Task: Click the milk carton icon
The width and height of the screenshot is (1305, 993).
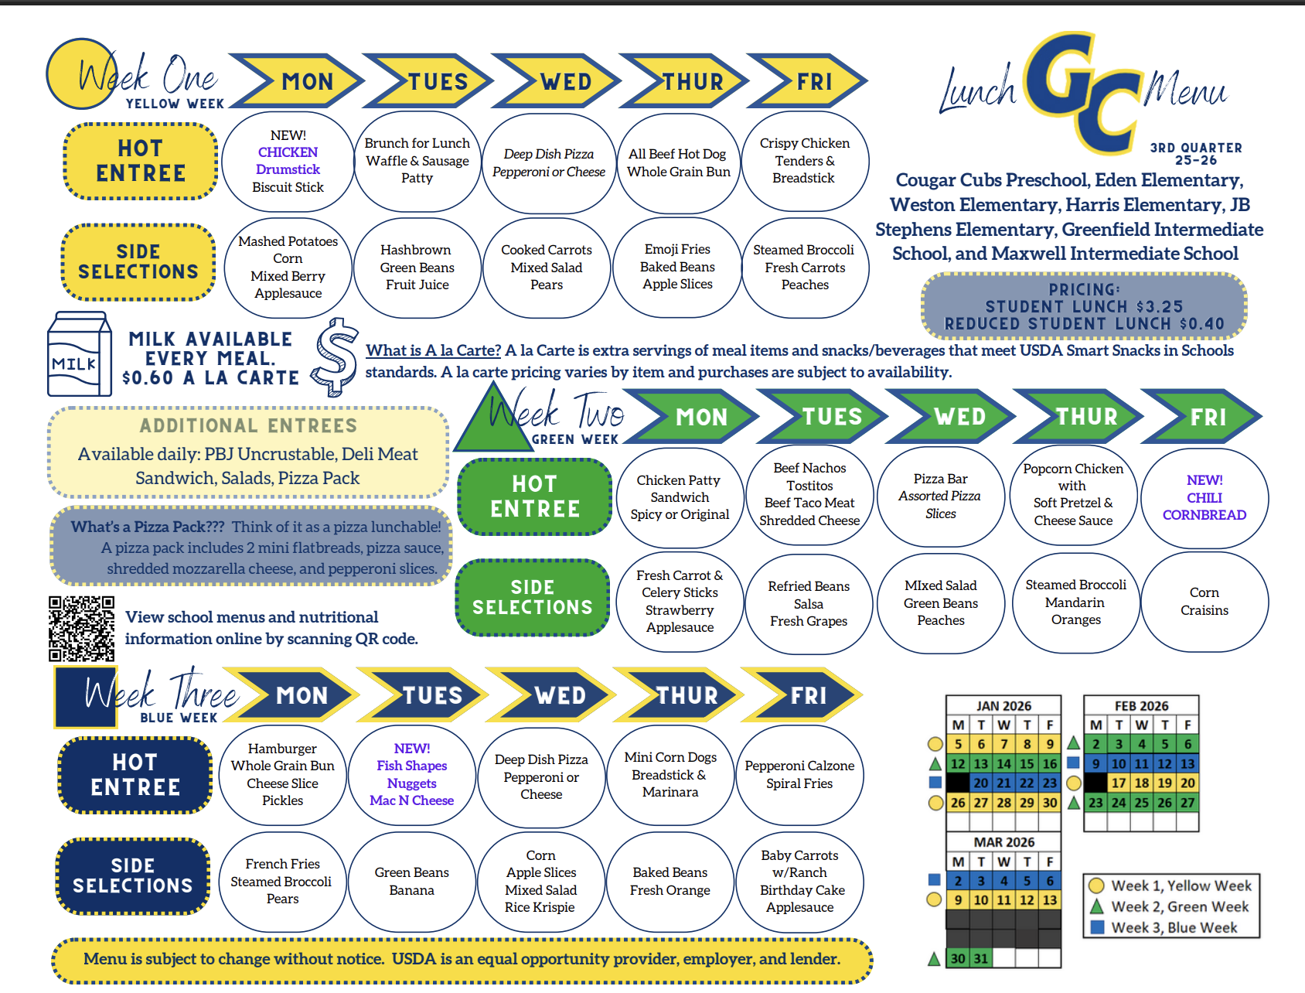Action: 79,354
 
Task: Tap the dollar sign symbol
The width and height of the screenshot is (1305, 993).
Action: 336,357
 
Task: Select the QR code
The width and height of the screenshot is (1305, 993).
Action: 81,629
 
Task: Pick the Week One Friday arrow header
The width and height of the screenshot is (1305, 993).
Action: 809,81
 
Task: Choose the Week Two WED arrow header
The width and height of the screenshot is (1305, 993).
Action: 952,417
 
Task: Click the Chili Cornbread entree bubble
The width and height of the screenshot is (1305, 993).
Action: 1204,498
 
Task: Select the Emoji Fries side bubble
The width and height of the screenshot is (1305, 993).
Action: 677,267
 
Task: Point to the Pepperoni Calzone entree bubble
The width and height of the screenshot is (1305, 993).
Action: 799,775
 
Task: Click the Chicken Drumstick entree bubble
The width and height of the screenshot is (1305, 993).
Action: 288,161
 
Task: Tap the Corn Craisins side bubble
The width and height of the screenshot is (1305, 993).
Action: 1204,602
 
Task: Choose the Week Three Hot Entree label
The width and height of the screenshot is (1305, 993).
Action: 135,775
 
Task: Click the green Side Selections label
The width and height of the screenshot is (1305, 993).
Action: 533,597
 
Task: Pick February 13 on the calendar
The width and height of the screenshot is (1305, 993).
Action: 1187,764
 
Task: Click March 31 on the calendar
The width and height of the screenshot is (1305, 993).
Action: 981,959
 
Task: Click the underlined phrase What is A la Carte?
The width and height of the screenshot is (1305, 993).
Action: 433,350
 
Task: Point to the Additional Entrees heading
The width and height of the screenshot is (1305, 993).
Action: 248,425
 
